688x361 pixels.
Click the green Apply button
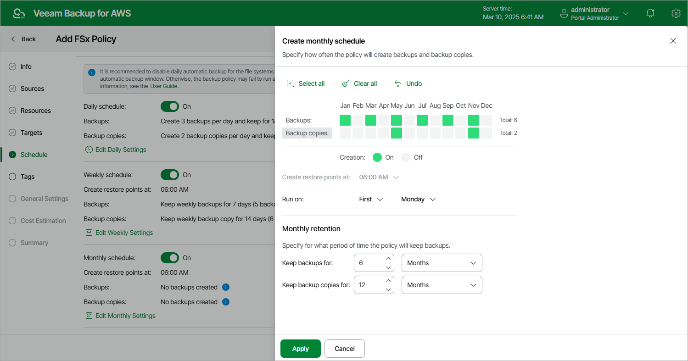point(300,349)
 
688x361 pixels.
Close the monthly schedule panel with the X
point(673,41)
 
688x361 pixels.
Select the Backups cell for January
point(345,120)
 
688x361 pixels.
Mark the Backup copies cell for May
point(397,133)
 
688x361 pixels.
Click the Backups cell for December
point(487,120)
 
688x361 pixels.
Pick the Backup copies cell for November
point(474,133)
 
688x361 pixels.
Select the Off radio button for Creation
point(406,157)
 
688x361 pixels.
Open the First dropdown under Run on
point(371,199)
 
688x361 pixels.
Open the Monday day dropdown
point(418,199)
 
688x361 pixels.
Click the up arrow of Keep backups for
point(388,258)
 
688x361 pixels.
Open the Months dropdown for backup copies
point(442,285)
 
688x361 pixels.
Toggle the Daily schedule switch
point(169,106)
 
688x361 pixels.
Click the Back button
point(23,39)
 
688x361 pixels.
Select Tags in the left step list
point(28,177)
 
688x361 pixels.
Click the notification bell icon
point(650,13)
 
